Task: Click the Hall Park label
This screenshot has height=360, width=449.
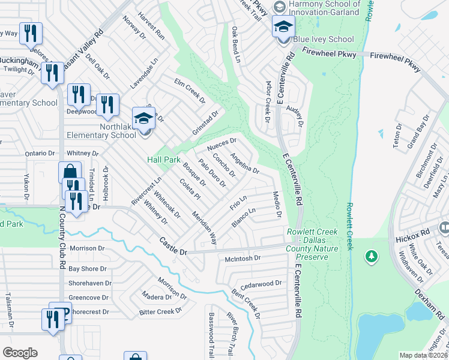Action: click(x=164, y=160)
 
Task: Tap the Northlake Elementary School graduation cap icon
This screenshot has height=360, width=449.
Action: click(x=143, y=119)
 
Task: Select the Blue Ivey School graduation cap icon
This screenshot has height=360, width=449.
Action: click(x=283, y=27)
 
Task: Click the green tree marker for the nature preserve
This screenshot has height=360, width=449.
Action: click(x=372, y=257)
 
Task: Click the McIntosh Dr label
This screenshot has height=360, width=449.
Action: click(x=242, y=259)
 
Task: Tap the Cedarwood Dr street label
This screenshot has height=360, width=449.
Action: click(x=261, y=283)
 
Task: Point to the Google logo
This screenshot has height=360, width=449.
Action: click(x=20, y=353)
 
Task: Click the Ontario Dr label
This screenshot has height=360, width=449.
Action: click(x=40, y=154)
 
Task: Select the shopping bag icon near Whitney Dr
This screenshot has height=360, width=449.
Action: click(x=70, y=173)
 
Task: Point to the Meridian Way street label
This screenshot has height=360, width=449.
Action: click(x=204, y=227)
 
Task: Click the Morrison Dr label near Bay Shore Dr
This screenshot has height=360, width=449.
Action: click(x=87, y=248)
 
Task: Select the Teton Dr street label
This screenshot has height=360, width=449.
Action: click(x=397, y=139)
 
